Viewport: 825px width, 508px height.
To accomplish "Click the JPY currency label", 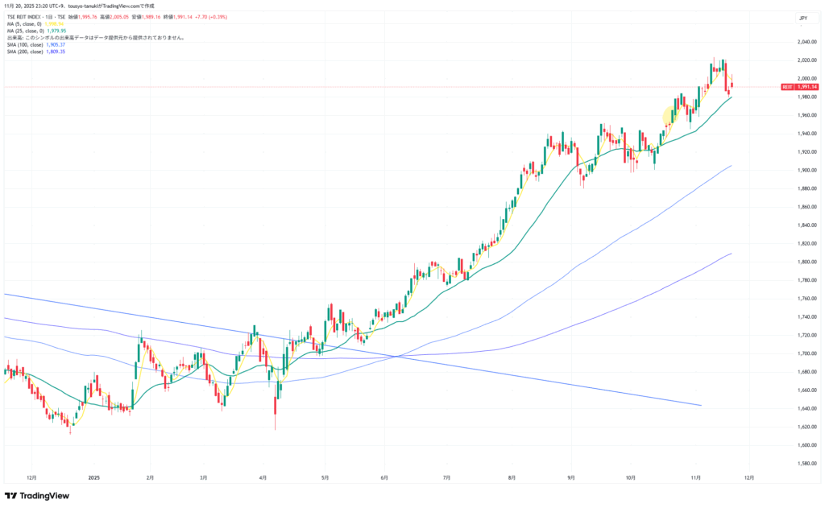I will [802, 17].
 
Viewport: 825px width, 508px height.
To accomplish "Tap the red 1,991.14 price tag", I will [806, 87].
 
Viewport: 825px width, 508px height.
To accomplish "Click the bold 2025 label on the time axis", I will [94, 477].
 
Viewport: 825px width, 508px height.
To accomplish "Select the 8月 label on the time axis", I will [512, 477].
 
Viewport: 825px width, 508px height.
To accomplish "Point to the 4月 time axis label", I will [264, 477].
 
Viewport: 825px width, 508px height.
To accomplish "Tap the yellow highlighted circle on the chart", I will [673, 117].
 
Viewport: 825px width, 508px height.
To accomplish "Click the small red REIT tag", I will [787, 87].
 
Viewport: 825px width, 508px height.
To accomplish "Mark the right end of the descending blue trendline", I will [702, 405].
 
